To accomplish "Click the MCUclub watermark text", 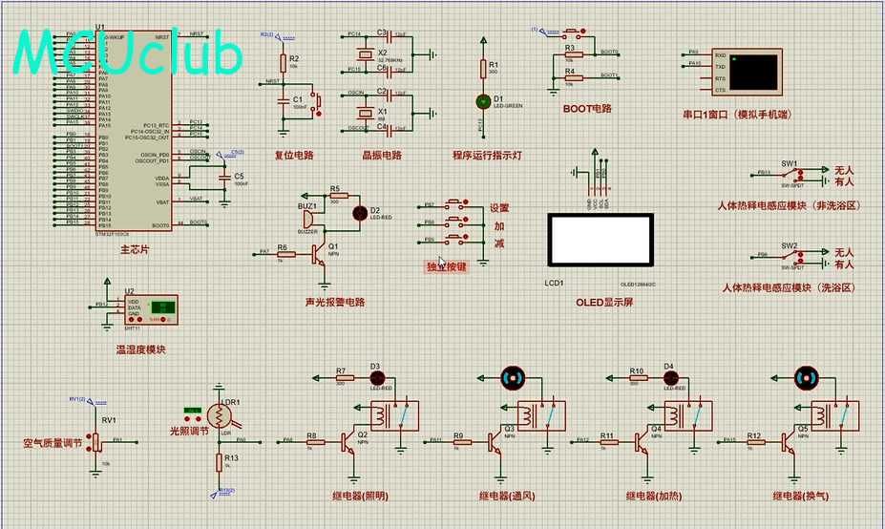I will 129,55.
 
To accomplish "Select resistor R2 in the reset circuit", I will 283,64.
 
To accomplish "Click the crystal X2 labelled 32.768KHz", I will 363,53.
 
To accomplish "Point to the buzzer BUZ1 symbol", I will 309,219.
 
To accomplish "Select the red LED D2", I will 360,212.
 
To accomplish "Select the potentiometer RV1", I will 95,440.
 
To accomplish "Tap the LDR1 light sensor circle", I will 221,415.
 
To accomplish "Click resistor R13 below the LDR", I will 220,463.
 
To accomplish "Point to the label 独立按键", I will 447,267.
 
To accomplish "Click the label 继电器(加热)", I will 654,496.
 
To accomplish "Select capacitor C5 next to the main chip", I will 225,178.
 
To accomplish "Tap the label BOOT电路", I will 586,109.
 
